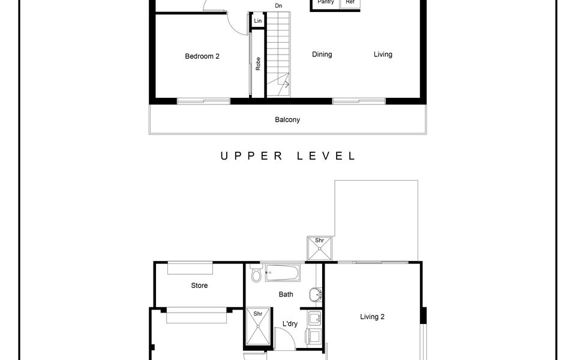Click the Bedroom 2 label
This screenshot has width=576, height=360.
pyautogui.click(x=202, y=56)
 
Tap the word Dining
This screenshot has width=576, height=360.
pyautogui.click(x=322, y=55)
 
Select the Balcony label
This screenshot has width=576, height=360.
pyautogui.click(x=287, y=120)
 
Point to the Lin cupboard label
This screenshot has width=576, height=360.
pyautogui.click(x=258, y=21)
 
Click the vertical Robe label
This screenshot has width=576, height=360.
pyautogui.click(x=258, y=64)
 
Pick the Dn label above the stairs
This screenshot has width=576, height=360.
pyautogui.click(x=278, y=6)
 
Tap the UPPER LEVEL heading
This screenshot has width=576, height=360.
pyautogui.click(x=287, y=156)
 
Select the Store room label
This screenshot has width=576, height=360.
pyautogui.click(x=199, y=286)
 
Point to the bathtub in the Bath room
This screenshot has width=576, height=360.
pyautogui.click(x=282, y=274)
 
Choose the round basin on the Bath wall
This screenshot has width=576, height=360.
pyautogui.click(x=316, y=295)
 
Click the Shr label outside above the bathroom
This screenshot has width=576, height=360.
pyautogui.click(x=320, y=241)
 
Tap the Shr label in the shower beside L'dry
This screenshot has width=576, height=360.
pyautogui.click(x=258, y=313)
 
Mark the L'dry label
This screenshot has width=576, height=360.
pyautogui.click(x=290, y=324)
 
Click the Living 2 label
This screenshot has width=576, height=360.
pyautogui.click(x=372, y=317)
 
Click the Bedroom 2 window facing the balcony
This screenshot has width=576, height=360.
pyautogui.click(x=203, y=101)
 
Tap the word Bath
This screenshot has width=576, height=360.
pyautogui.click(x=286, y=295)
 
